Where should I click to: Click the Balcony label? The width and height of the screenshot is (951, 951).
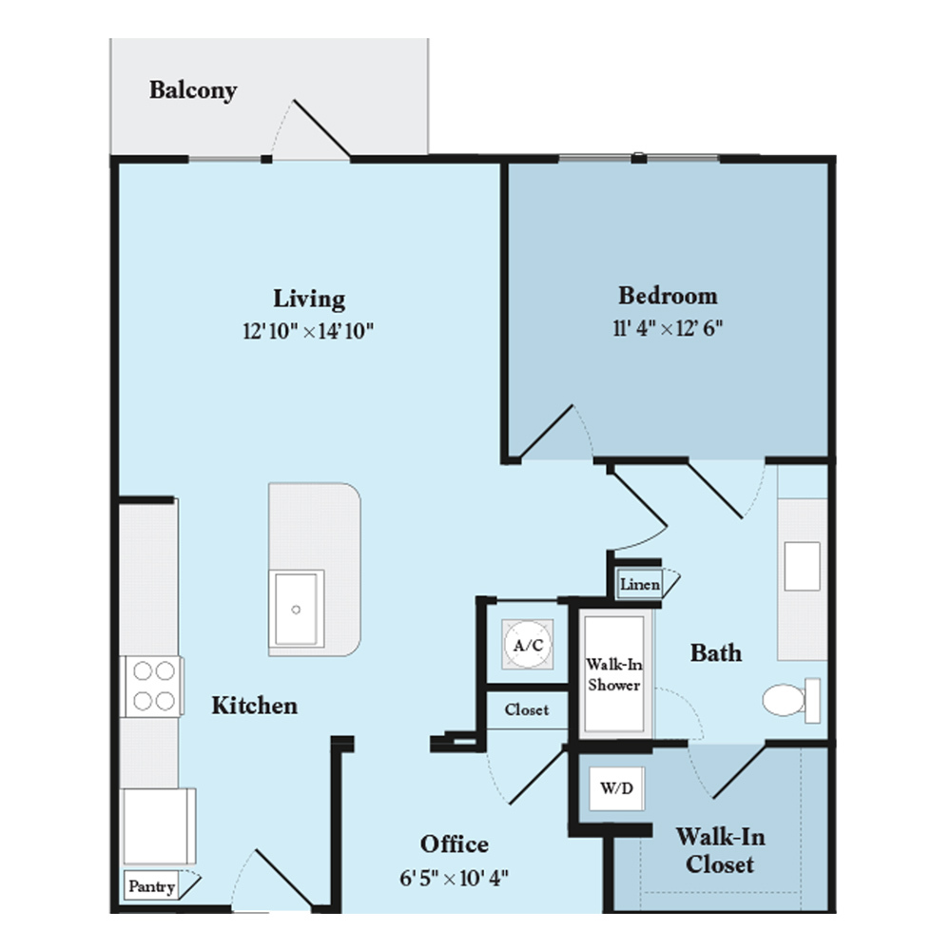193,90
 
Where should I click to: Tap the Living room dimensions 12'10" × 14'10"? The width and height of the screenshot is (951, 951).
308,331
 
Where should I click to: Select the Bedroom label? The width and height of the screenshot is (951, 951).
668,296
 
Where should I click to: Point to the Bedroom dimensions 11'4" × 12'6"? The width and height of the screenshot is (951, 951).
668,328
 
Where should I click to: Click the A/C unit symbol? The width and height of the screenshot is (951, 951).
528,645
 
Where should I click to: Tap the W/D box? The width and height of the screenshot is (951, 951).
617,787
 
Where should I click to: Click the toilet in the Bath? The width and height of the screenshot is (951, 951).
791,700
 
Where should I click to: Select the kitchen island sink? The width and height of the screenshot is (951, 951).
296,609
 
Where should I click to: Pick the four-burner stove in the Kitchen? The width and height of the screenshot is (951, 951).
153,686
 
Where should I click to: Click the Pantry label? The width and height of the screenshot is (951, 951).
151,886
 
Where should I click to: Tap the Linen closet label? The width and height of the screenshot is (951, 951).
640,585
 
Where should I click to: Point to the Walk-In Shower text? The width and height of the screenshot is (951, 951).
614,674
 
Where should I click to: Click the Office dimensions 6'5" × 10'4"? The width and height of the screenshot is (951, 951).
454,878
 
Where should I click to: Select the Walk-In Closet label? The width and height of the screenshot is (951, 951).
721,850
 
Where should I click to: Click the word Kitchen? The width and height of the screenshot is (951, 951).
255,706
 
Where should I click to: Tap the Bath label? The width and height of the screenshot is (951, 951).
716,653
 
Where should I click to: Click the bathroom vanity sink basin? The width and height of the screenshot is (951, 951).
802,567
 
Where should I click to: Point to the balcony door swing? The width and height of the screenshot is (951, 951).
311,129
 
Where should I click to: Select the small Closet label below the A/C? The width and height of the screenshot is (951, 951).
527,709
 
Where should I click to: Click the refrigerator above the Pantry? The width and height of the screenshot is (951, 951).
159,825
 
